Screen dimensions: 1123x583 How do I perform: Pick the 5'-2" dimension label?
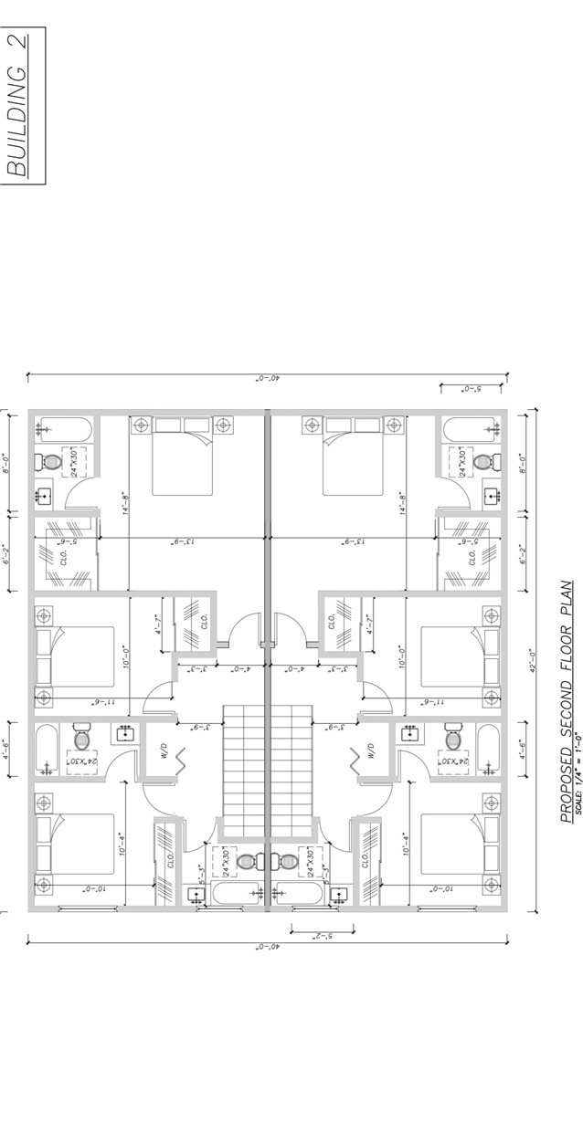[322, 937]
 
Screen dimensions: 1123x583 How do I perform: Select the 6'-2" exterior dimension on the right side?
[523, 553]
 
